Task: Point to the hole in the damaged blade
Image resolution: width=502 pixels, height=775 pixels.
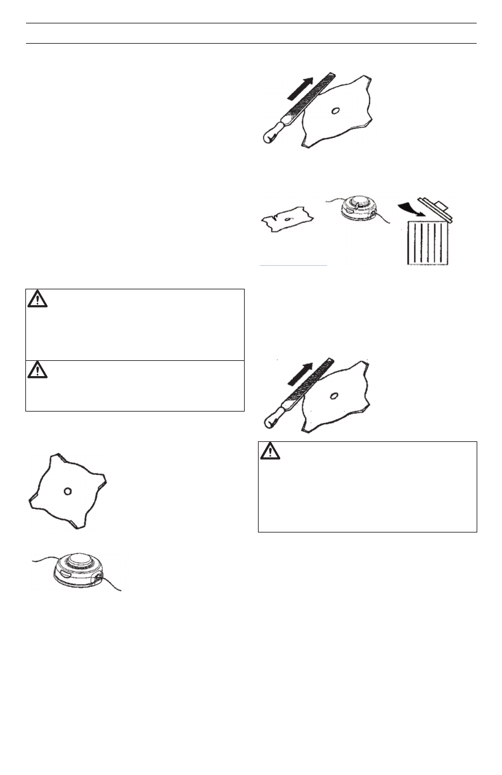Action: [288, 218]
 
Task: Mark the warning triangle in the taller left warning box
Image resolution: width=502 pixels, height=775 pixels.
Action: [38, 299]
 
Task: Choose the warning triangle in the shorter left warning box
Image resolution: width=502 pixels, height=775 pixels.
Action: [38, 370]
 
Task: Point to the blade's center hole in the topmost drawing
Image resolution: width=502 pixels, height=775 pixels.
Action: [335, 111]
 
